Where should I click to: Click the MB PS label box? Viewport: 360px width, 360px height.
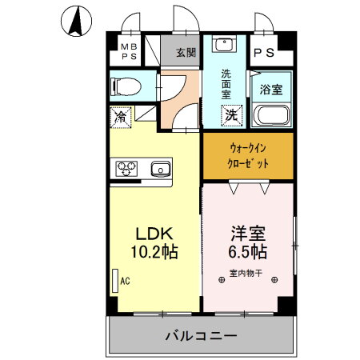pyautogui.click(x=128, y=53)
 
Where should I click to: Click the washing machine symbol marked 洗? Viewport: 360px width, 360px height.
pyautogui.click(x=230, y=114)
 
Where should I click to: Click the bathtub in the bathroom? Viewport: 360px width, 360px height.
pyautogui.click(x=272, y=118)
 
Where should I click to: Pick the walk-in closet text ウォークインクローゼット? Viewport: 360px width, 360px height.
pyautogui.click(x=248, y=155)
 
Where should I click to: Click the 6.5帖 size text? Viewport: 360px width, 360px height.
pyautogui.click(x=248, y=251)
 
